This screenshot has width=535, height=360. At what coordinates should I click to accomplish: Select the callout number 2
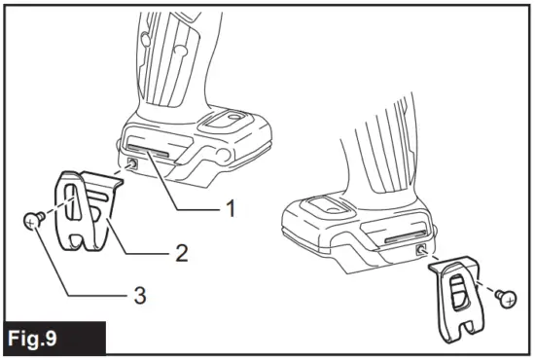(x=180, y=256)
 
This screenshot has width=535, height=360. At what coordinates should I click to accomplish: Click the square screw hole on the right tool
(x=420, y=250)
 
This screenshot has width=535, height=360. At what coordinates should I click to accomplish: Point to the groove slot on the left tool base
(x=161, y=154)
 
